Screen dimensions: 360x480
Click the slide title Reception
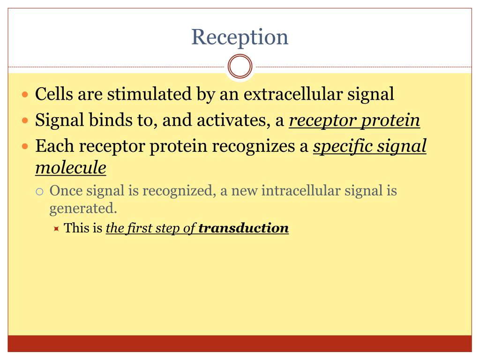[x=240, y=37]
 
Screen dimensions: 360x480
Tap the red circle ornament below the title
[x=240, y=67]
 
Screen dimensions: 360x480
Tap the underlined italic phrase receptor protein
[x=354, y=120]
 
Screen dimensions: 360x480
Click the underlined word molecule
[x=71, y=168]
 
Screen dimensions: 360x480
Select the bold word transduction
[x=243, y=228]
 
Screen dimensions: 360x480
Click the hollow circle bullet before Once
[x=40, y=192]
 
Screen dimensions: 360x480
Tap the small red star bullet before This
[x=56, y=229]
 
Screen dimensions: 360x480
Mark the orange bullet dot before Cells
[x=26, y=95]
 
